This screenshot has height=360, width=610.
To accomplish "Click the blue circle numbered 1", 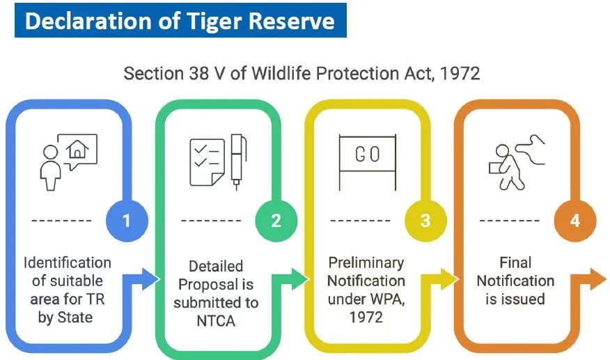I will tap(127, 221).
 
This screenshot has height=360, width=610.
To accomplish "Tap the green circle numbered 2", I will tap(276, 221).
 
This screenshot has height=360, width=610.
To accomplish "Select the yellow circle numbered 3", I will tap(425, 221).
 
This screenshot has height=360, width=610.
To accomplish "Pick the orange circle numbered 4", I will tap(574, 221).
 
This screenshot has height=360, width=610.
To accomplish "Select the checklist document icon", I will tap(207, 162).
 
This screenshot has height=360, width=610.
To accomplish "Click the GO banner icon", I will tap(367, 157).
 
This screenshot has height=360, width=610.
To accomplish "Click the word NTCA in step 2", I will tap(216, 321).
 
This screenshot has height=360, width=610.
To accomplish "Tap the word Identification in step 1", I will tap(68, 263).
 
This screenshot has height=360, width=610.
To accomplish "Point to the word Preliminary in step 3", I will tap(366, 263).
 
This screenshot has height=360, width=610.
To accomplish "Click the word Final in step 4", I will tap(515, 263).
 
